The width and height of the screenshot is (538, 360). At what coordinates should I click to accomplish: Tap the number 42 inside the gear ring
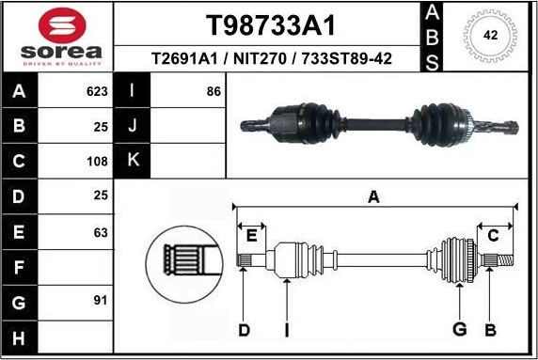490,35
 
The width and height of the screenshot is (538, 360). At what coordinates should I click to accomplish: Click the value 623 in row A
97,92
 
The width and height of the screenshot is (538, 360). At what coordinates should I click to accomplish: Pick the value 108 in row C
97,161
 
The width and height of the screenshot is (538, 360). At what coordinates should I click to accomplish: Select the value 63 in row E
101,231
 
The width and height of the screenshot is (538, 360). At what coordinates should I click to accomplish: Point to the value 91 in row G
101,301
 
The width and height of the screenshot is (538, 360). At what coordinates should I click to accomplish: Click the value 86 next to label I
214,92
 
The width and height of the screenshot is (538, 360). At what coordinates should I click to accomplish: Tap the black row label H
20,337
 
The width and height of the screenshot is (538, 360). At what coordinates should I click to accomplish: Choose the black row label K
133,161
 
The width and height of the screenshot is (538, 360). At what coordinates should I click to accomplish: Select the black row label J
133,126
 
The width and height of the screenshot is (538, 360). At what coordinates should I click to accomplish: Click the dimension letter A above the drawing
373,196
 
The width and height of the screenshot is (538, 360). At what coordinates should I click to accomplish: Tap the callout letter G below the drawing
460,329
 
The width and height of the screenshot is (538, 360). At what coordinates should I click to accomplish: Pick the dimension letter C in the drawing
493,236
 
